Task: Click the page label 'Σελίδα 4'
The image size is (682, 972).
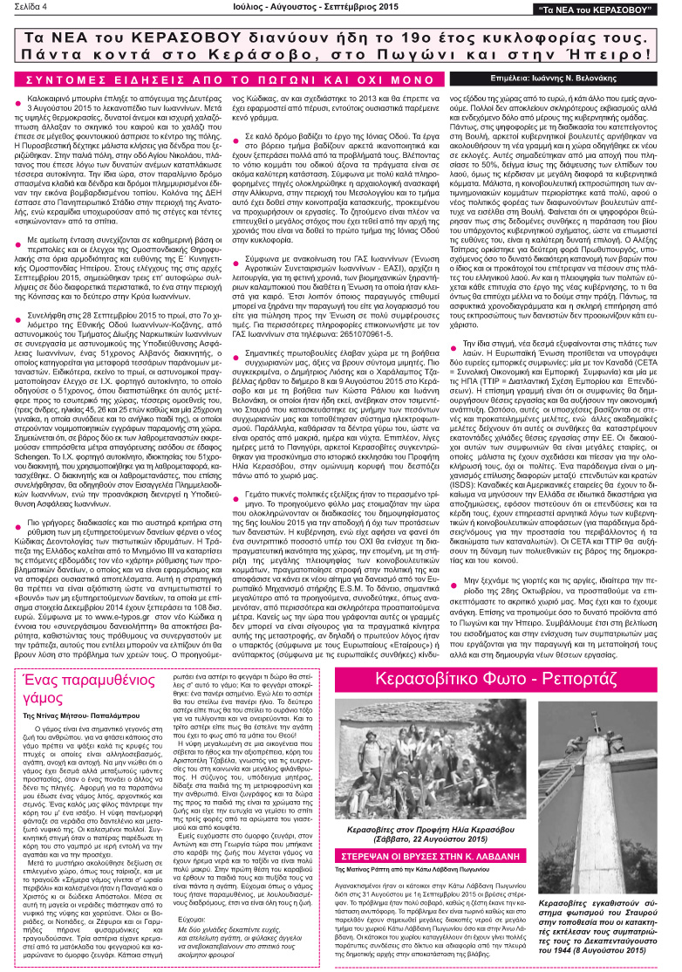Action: pos(27,9)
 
